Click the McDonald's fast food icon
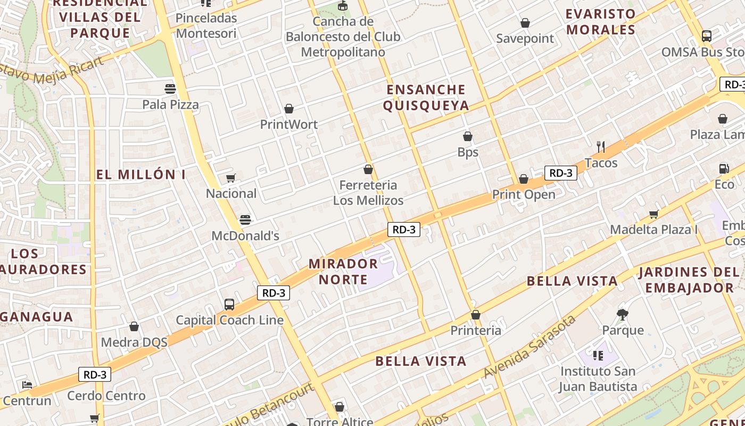point(245,219)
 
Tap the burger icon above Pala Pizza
point(170,88)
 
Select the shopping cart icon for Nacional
point(230,178)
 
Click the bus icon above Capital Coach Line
point(229,304)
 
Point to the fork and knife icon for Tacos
point(601,146)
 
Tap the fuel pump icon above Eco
point(724,168)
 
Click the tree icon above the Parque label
point(622,314)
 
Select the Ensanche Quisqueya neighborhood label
point(426,97)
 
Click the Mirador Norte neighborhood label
point(343,271)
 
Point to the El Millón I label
point(141,175)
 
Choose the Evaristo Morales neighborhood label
point(601,21)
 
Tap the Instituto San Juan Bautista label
point(598,379)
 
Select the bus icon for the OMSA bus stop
point(707,36)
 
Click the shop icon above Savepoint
point(525,23)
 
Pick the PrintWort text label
point(289,125)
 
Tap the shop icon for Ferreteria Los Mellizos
point(368,169)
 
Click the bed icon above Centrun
point(27,384)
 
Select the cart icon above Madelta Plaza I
point(653,214)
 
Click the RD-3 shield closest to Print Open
point(560,173)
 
